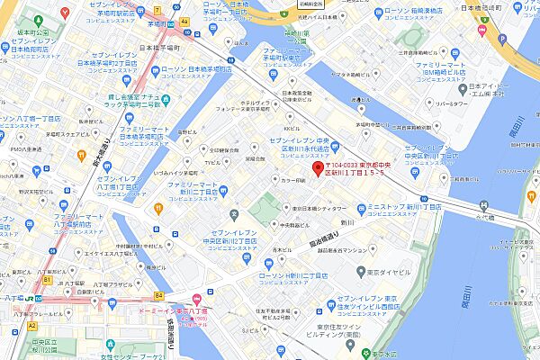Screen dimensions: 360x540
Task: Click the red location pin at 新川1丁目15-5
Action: click(317, 172)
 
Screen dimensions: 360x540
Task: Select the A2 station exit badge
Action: click(31, 325)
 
